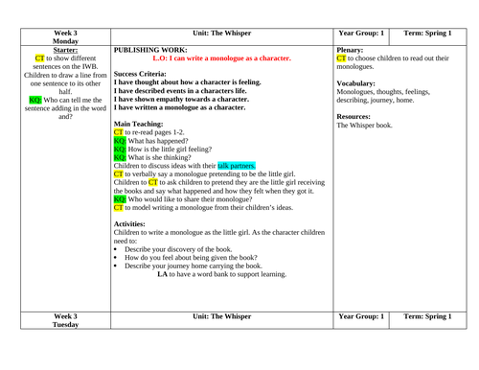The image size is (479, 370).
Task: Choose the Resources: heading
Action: click(x=355, y=116)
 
